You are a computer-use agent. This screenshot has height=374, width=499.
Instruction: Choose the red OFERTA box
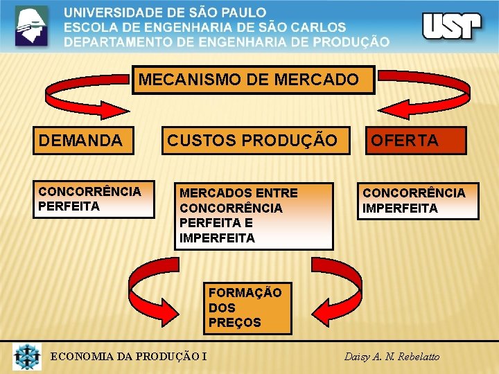(x=416, y=141)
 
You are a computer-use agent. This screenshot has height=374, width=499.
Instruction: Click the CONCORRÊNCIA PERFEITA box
(x=94, y=199)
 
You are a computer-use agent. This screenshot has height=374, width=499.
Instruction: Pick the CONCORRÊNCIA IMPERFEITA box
(x=417, y=200)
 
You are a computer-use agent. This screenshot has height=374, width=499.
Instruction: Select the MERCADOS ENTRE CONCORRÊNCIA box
(x=253, y=215)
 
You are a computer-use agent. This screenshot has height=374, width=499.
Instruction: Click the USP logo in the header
(x=451, y=26)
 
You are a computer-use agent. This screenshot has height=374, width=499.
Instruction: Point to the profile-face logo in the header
(x=32, y=26)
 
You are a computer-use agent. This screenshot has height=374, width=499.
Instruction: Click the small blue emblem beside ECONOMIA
(x=27, y=356)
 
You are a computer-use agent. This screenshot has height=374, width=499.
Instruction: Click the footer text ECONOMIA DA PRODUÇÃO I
(x=129, y=357)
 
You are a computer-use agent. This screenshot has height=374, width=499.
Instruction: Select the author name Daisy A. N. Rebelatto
(x=392, y=357)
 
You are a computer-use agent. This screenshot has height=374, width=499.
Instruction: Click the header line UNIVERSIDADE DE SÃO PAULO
(x=165, y=12)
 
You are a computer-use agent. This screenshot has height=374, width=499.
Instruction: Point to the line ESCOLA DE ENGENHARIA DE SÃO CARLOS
(x=204, y=27)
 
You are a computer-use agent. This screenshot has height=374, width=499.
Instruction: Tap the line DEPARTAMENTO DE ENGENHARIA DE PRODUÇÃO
(x=227, y=42)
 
